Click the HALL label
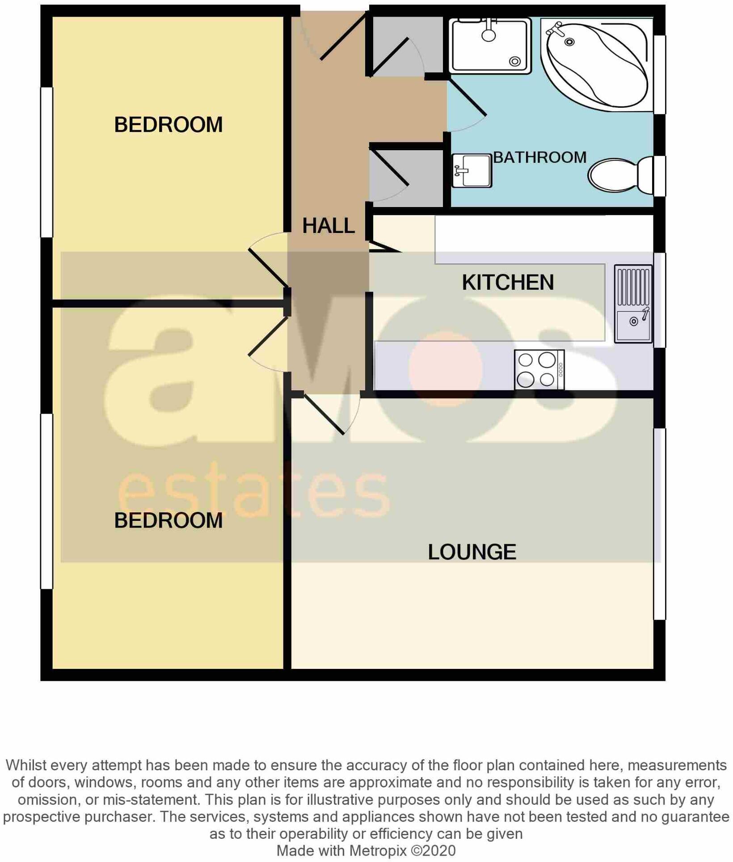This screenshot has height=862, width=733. (329, 225)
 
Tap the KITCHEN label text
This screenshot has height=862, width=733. (508, 282)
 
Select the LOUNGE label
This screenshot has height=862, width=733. (472, 552)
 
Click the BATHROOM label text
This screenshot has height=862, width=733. (539, 157)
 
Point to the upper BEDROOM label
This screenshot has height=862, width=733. (168, 124)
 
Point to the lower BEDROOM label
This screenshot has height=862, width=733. (168, 520)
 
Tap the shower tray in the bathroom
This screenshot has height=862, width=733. (490, 46)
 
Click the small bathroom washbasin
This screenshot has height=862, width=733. (472, 171)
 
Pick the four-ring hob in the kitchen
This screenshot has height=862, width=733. (539, 369)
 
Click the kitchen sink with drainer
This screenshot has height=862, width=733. (633, 304)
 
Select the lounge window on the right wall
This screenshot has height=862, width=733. (659, 524)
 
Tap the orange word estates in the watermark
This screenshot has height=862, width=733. (253, 492)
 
